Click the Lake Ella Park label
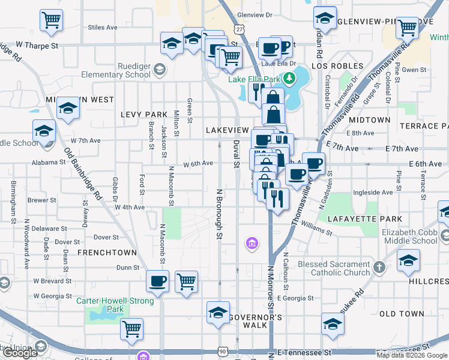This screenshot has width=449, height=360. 255,79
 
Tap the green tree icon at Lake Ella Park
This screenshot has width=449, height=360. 289,78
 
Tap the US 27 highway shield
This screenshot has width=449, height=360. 240,29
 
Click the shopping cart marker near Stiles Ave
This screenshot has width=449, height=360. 51,20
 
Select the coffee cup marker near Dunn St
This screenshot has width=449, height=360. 158,281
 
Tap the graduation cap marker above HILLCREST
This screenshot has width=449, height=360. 408,260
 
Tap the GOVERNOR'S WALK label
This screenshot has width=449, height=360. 254,320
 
